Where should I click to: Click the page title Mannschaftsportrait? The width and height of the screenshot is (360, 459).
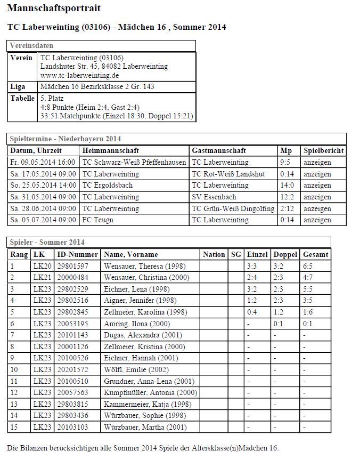coord(54,9)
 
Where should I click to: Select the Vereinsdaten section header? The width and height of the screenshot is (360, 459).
coord(31,46)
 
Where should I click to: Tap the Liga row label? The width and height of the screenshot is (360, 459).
coord(18,87)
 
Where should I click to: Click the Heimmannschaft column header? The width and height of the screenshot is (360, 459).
coord(111,151)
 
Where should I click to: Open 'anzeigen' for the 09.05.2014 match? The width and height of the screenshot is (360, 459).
coord(317,162)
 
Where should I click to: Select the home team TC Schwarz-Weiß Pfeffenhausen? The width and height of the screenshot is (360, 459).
coord(134,162)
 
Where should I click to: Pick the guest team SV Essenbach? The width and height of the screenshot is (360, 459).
coord(214,197)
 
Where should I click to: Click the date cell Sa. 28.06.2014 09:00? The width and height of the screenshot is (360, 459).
coord(43,208)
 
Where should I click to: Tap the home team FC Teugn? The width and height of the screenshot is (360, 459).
coord(98,220)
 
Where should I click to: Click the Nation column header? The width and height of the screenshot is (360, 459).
coord(214,254)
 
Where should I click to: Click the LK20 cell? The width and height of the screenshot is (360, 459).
coord(42,265)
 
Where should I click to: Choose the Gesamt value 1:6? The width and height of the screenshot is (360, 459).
coord(308,312)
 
